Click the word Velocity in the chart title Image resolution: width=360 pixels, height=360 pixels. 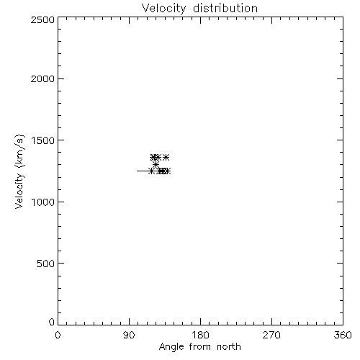tap(163, 8)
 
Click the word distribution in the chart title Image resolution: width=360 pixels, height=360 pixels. tap(225, 8)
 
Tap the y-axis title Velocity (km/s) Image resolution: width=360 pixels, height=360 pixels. tap(19, 172)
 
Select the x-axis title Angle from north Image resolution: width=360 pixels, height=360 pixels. tap(199, 347)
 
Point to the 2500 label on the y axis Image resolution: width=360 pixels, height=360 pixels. tap(42, 19)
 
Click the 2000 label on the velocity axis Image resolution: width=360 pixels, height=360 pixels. tap(42, 78)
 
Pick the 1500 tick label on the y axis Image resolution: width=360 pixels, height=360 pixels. tap(43, 140)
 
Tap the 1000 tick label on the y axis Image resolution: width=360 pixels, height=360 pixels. tap(43, 202)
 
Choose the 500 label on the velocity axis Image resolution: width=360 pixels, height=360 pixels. tap(46, 264)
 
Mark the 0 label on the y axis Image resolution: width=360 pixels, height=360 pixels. tap(52, 322)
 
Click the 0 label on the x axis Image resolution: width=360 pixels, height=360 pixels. tap(58, 335)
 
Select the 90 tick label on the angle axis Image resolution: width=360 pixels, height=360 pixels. tap(129, 335)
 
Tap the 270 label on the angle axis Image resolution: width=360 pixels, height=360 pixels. tap(271, 335)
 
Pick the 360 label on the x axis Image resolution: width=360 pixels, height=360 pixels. tap(343, 335)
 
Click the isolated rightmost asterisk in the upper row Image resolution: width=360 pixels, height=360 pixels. tap(166, 158)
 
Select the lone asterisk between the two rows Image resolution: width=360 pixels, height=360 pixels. tap(156, 165)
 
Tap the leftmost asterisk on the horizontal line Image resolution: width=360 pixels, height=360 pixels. tap(151, 171)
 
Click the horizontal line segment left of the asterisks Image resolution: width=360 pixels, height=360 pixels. tap(143, 171)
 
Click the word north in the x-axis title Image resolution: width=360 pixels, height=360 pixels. tap(229, 347)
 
